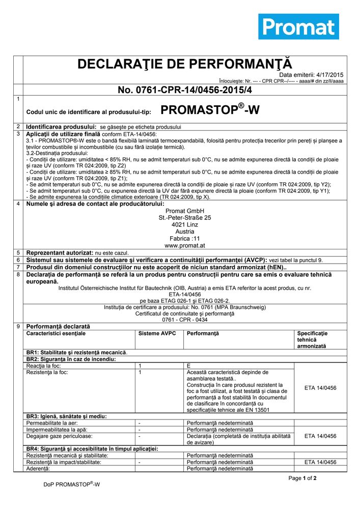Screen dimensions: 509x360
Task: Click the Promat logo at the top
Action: click(298, 27)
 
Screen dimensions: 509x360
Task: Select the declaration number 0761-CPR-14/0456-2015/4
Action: click(184, 90)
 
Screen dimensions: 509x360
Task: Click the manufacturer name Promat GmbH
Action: click(184, 211)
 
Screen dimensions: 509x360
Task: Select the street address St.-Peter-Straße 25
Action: click(184, 217)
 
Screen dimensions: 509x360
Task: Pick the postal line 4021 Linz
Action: click(184, 224)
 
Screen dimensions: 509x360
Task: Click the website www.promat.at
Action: click(184, 245)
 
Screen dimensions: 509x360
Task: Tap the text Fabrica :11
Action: click(184, 238)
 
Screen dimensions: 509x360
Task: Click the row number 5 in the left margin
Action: click(18, 252)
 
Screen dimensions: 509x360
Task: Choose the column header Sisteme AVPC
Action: click(156, 333)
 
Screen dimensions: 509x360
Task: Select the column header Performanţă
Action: click(203, 333)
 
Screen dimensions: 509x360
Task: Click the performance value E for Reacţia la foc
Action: click(189, 365)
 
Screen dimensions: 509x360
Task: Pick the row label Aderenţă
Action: click(38, 468)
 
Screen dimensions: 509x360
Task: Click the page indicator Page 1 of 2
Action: click(302, 478)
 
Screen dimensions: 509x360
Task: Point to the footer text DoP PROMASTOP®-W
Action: click(71, 485)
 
